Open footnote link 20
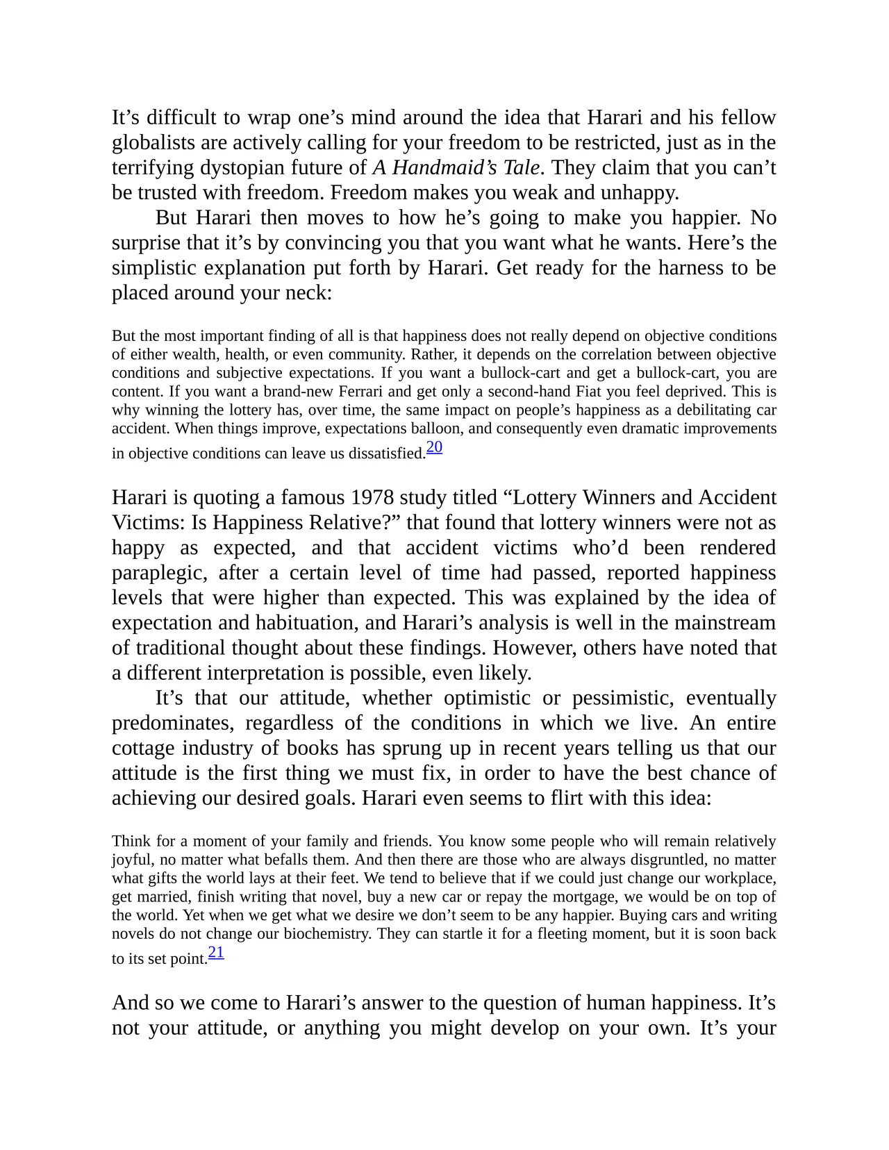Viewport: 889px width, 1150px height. click(x=434, y=447)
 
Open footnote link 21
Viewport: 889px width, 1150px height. click(x=216, y=952)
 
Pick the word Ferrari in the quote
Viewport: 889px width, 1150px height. click(x=358, y=392)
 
